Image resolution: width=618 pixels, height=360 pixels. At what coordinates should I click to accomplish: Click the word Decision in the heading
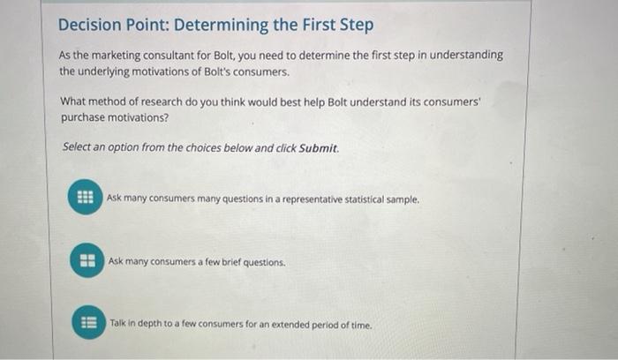tap(87, 25)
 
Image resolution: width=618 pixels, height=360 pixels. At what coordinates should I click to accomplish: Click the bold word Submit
tap(318, 147)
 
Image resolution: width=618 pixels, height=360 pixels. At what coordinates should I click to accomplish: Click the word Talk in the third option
tap(119, 325)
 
